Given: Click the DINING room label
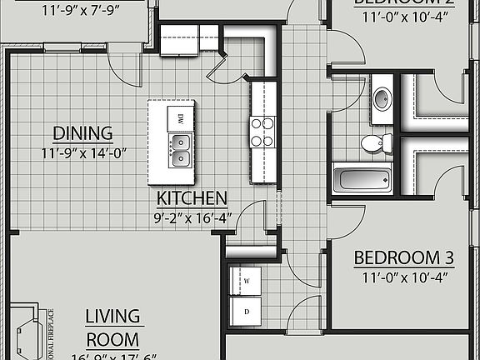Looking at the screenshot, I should [82, 133].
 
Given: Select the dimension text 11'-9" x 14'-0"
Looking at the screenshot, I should [82, 153].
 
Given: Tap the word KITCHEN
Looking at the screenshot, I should [192, 198].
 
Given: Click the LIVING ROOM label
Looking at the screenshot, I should [112, 327].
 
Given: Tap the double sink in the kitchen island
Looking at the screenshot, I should [180, 150].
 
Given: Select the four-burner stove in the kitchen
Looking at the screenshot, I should [263, 132].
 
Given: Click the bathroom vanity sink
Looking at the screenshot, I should [382, 98].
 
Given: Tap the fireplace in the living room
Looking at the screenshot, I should [25, 329].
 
